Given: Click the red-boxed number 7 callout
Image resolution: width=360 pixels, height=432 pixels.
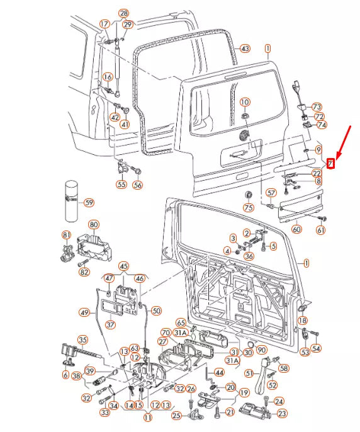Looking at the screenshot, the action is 330,164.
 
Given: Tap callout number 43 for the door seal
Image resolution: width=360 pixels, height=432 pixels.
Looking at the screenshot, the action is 245,48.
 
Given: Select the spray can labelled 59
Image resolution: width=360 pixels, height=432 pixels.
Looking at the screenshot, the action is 72,201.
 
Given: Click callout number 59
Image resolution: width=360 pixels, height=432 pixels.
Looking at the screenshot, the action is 89,203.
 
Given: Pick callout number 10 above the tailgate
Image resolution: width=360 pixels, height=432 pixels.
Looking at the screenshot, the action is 245,102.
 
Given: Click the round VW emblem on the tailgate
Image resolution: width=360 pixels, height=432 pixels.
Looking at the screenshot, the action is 244,136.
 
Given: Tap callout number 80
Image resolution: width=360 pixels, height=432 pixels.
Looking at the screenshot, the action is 94,225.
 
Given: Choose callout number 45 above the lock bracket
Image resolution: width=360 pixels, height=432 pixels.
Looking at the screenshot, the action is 124,266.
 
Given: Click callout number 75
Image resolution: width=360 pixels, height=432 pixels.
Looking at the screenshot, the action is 249,207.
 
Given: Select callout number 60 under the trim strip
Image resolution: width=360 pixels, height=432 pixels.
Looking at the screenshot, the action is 296,229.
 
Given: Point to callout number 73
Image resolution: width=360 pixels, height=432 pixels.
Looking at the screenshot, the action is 317,106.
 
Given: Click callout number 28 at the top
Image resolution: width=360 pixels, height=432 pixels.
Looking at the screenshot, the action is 124,13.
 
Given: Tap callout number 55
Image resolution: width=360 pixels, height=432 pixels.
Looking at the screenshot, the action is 121,184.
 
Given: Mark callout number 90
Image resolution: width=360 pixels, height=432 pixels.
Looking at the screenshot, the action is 261,350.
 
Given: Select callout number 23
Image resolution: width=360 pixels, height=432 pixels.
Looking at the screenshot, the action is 282,413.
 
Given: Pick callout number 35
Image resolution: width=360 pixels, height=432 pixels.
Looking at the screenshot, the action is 83,340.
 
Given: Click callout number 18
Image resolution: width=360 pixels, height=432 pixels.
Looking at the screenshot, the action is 303,320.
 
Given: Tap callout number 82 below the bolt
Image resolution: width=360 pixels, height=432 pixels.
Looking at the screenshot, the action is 84,272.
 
